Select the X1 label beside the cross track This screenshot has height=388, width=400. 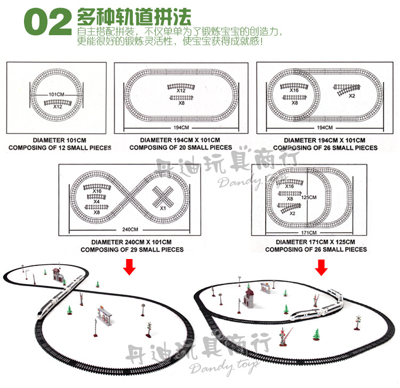coord(163,208)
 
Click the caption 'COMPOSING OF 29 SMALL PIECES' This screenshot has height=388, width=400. coord(132,249)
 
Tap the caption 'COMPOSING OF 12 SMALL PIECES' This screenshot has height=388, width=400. coord(59,148)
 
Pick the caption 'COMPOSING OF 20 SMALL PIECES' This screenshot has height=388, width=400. coord(181,148)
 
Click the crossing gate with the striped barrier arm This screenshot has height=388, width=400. coord(283,336)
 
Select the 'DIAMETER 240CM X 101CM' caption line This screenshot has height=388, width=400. coord(132,242)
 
